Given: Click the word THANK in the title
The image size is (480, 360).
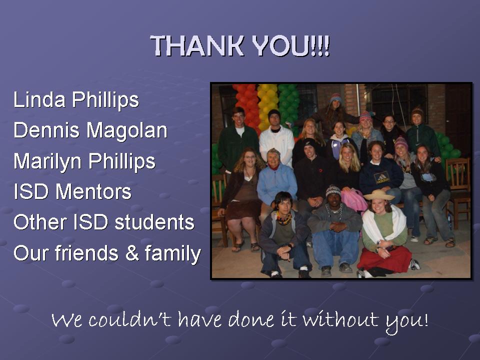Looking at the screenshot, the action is [x=197, y=45].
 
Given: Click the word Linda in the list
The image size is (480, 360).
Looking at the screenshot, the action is [x=39, y=99].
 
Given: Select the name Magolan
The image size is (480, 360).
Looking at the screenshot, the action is [x=127, y=130].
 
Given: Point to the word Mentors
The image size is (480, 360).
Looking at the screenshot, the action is [x=93, y=192].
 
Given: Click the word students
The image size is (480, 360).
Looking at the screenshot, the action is [x=154, y=222].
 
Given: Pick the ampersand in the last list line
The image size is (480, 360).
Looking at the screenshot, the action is [x=131, y=253].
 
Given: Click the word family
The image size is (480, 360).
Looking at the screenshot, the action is [x=173, y=254].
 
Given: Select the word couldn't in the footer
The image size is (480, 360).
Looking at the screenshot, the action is [x=129, y=319].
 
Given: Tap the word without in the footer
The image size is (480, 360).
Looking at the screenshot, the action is [x=340, y=319].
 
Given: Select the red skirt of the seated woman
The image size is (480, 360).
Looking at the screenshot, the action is [x=384, y=259].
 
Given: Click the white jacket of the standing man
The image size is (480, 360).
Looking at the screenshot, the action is [x=276, y=144].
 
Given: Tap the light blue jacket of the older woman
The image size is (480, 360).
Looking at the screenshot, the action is [x=276, y=183].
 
